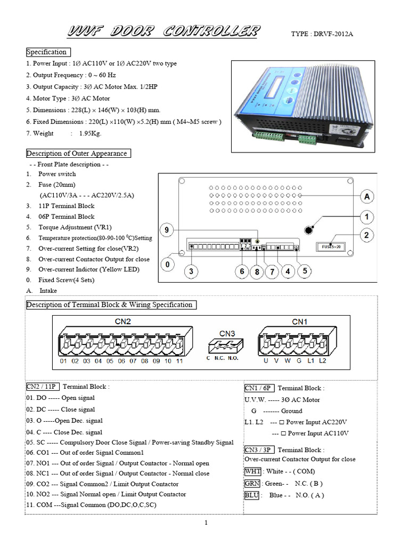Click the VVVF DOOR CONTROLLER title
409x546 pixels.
click(x=163, y=31)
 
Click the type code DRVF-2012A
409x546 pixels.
click(x=322, y=34)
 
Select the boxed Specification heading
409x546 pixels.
click(x=47, y=52)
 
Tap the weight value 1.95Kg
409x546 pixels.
click(x=90, y=133)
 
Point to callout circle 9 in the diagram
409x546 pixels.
click(x=166, y=230)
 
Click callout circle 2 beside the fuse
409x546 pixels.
click(x=366, y=235)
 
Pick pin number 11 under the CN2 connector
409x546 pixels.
click(x=179, y=361)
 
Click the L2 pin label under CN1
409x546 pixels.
click(x=322, y=361)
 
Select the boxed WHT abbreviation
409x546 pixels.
click(x=252, y=471)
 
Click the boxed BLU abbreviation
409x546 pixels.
click(x=252, y=495)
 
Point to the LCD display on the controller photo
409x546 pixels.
click(x=269, y=91)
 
